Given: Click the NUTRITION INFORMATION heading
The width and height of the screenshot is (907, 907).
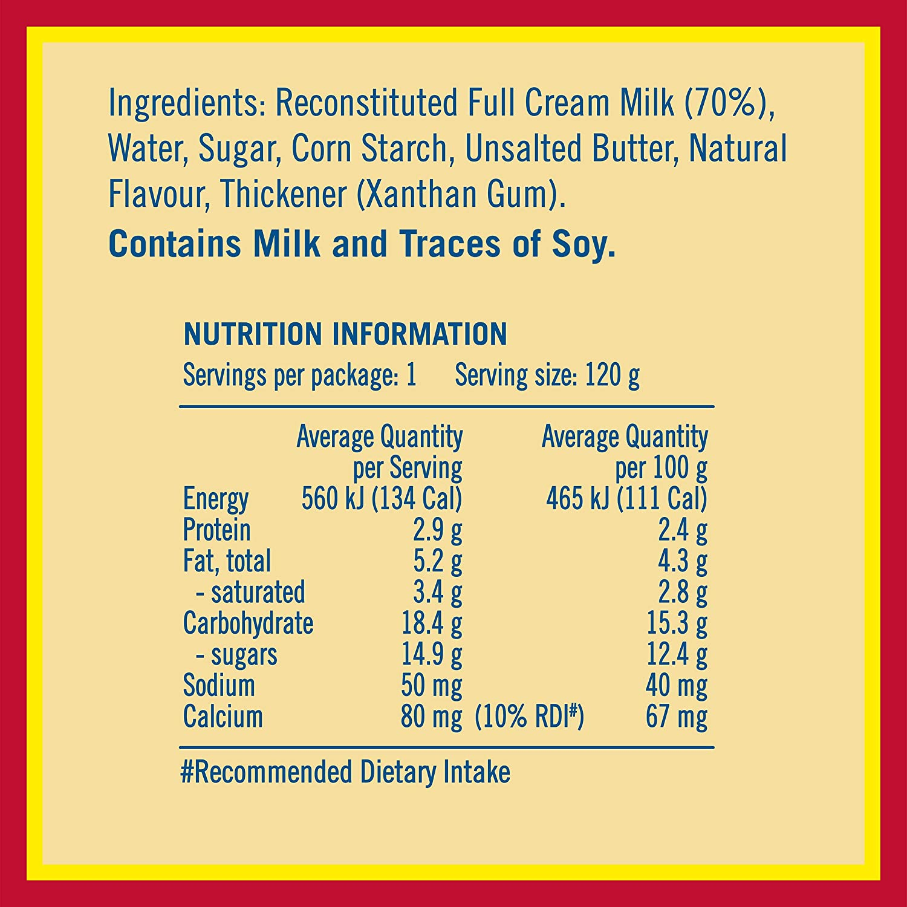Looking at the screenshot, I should [345, 334].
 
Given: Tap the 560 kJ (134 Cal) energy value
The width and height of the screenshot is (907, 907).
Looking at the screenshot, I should [382, 499].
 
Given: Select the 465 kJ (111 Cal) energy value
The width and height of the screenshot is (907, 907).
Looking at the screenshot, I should [626, 499].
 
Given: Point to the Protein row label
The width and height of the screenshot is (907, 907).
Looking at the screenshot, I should [216, 530].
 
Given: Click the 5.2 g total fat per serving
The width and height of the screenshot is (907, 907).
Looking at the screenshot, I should [437, 561].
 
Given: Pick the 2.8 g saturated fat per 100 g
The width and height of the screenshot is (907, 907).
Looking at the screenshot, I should [682, 593].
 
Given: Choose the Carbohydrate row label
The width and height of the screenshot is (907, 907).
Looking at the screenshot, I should [248, 623].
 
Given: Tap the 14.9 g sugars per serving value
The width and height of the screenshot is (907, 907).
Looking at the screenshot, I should [432, 655].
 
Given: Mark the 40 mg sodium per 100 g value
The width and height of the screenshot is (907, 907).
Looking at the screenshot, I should [676, 686].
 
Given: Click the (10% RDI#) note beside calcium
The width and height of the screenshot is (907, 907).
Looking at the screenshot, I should [529, 717].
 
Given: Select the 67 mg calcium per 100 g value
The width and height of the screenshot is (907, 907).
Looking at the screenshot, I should [676, 717].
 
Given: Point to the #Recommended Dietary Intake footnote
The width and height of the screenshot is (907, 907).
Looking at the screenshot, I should [345, 772].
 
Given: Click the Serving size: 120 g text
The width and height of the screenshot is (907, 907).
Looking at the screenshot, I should [547, 375].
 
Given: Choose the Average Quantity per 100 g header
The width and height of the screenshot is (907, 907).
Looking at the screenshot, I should [625, 452].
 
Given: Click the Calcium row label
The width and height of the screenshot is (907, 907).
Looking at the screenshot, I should [223, 717].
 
